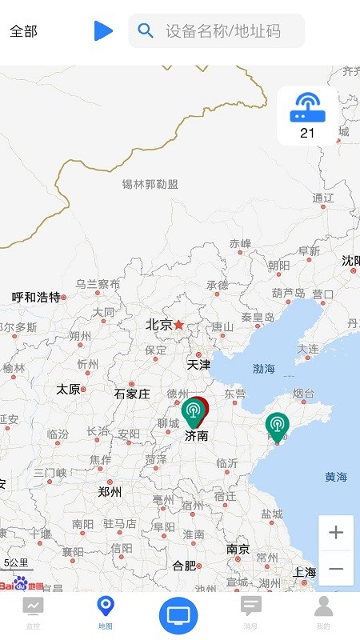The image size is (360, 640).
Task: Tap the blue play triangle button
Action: pos(103,31)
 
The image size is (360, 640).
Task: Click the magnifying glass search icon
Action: pos(146,31)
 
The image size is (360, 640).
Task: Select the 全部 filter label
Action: pos(23,31)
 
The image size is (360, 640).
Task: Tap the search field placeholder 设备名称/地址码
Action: pos(223,31)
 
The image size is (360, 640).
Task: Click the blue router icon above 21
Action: pos(307,107)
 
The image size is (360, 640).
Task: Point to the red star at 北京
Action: pos(179,325)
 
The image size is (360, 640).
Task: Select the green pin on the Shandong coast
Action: pos(277,426)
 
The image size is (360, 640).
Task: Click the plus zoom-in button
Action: pos(336,533)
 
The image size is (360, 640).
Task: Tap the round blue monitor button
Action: pos(179,615)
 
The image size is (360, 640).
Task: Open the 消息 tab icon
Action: pos(251,606)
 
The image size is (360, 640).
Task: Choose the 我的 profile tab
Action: pos(323,606)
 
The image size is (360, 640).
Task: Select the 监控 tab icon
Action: pos(34,606)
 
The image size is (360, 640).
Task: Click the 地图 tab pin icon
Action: pos(106,606)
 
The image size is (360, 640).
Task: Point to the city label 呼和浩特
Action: pos(36,297)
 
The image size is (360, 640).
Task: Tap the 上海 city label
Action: pos(304,572)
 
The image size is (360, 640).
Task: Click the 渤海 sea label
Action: pos(263,369)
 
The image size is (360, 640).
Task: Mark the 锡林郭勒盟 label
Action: pos(150,185)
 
